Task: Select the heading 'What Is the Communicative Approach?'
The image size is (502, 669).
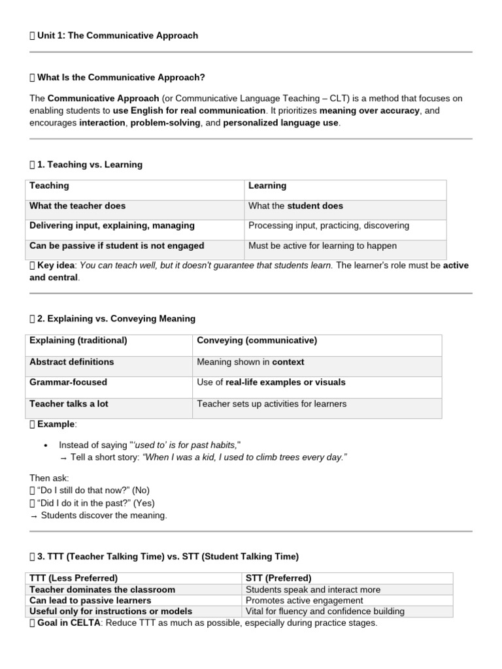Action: (121, 77)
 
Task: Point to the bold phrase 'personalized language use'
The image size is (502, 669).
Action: (281, 123)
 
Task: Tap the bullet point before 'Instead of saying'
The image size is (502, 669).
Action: (45, 445)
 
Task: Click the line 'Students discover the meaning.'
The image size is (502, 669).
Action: (104, 515)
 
